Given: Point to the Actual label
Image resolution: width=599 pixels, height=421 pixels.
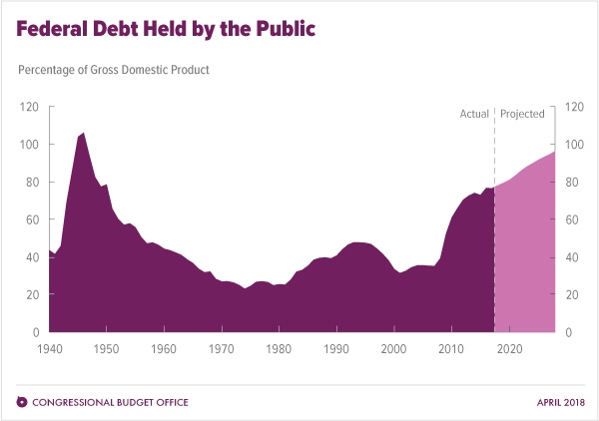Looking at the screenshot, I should pyautogui.click(x=473, y=114).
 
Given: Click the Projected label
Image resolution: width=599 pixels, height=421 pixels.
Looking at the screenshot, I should pyautogui.click(x=522, y=114).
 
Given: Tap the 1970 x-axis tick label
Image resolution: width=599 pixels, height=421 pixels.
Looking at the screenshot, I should pyautogui.click(x=222, y=348).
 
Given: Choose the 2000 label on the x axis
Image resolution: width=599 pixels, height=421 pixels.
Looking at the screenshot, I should pyautogui.click(x=394, y=348).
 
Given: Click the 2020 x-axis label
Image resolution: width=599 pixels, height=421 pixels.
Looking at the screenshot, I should pyautogui.click(x=510, y=348).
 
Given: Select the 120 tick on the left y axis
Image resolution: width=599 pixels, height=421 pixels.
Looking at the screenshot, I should pyautogui.click(x=30, y=107).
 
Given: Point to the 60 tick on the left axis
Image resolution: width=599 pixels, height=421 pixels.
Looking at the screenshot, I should pyautogui.click(x=33, y=219).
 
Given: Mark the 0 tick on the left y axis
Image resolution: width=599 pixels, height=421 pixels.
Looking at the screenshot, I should pyautogui.click(x=37, y=332).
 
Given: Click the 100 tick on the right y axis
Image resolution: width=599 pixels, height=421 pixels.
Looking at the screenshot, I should pyautogui.click(x=575, y=145).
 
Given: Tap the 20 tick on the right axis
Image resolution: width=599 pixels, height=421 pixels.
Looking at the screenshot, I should pyautogui.click(x=573, y=295).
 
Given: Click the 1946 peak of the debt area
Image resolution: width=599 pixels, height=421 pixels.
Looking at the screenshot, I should pyautogui.click(x=83, y=133).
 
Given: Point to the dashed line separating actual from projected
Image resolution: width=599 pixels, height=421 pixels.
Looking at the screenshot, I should pyautogui.click(x=494, y=150).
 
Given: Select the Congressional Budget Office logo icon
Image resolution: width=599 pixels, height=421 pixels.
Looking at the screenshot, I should pyautogui.click(x=22, y=402).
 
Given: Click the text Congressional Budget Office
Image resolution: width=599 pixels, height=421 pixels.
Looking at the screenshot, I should pyautogui.click(x=111, y=402).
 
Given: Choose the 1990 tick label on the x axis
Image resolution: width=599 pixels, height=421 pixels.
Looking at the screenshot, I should pyautogui.click(x=336, y=348).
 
